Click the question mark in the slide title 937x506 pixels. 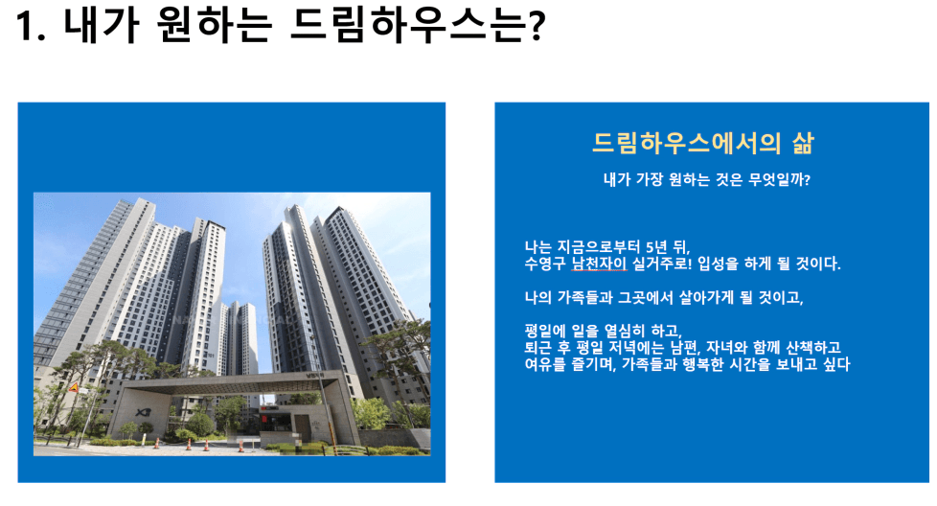point(536,26)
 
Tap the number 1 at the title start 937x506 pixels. point(25,27)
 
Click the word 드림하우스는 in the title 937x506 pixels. point(407,26)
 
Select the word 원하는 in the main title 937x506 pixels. point(214,26)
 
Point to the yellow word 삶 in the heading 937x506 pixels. point(803,143)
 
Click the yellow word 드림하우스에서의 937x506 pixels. point(687,143)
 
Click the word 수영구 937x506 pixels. point(545,264)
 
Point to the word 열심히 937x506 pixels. point(626,331)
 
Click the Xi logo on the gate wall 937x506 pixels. point(143,412)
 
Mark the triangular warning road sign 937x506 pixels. point(74,388)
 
